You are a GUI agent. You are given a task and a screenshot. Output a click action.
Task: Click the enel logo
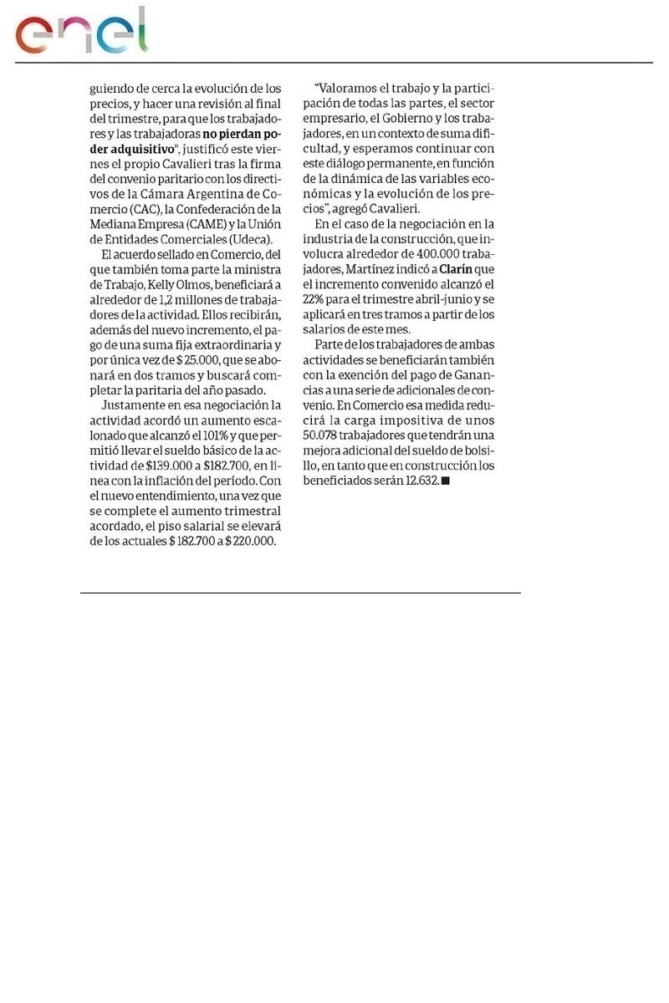click(81, 32)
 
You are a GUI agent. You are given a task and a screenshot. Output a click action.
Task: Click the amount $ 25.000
click(198, 359)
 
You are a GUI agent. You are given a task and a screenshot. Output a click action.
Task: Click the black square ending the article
click(445, 481)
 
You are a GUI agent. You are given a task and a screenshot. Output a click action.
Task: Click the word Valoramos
click(350, 89)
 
